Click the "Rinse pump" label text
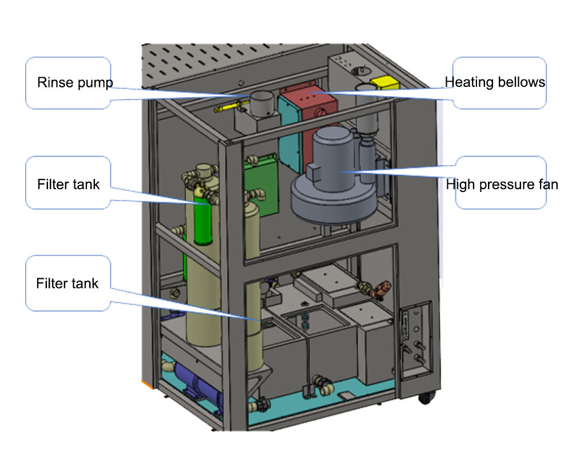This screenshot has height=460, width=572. [75, 82]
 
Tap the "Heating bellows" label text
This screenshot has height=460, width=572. [495, 82]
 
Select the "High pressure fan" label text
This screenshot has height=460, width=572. [502, 185]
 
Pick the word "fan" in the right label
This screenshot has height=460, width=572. [547, 185]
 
